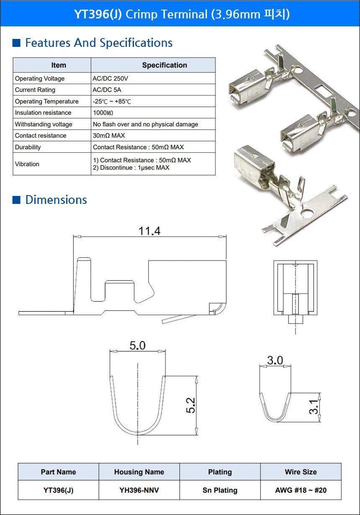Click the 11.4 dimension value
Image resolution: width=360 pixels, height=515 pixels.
click(149, 231)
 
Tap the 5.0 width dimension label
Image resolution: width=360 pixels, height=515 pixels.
click(137, 345)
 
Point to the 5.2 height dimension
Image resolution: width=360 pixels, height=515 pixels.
click(190, 405)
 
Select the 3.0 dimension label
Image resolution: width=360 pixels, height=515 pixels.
click(275, 360)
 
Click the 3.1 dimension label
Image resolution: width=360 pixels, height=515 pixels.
click(314, 407)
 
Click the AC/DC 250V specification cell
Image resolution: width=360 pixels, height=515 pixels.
click(110, 79)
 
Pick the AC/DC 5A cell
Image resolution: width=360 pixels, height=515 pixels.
click(107, 90)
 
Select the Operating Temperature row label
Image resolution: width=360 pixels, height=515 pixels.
click(46, 101)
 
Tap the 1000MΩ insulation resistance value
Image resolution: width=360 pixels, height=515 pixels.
click(103, 113)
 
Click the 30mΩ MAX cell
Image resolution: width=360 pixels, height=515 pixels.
click(109, 136)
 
